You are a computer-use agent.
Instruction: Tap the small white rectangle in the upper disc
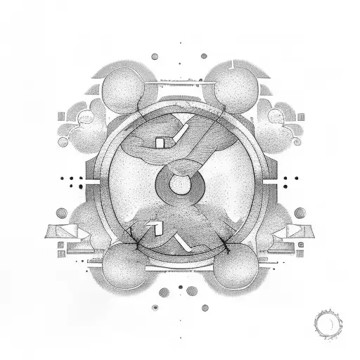(160, 143)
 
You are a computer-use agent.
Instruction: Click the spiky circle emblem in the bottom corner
(328, 324)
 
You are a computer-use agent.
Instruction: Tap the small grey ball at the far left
(61, 212)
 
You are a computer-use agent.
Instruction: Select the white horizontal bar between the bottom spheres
(179, 268)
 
